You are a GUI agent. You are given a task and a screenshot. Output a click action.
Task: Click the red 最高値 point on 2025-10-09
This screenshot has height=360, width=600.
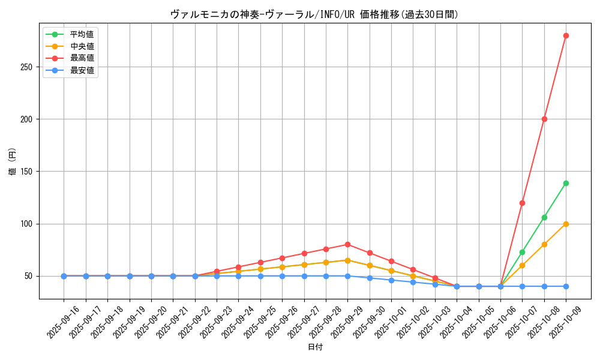point(566,35)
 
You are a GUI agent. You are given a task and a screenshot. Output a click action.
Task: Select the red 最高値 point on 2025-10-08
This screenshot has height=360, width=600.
point(544,119)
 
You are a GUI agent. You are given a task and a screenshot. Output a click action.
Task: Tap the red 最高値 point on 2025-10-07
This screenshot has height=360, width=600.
point(522,203)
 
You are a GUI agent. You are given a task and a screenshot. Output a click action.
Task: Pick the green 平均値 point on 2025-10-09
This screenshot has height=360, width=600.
point(566,183)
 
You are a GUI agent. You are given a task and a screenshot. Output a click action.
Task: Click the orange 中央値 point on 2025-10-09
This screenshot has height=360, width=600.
point(566,224)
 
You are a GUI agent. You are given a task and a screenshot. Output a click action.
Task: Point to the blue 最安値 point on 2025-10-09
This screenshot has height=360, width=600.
point(566,286)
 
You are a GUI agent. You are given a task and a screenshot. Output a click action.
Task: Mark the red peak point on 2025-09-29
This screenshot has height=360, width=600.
point(347,244)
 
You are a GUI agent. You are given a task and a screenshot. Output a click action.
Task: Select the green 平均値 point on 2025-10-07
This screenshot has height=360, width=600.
point(522,252)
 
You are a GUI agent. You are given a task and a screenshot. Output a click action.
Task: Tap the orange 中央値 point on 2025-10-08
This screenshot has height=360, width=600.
point(544,244)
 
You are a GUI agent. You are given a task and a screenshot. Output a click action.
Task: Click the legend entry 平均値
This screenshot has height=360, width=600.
point(82,34)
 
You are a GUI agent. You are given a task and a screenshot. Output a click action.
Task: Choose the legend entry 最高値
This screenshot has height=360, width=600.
point(82,58)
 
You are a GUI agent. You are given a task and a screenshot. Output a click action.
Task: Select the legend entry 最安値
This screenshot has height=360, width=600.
point(82,70)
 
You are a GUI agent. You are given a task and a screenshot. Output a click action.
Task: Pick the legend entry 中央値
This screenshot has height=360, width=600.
point(82,46)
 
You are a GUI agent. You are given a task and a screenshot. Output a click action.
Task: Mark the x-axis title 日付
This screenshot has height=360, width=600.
point(315,347)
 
